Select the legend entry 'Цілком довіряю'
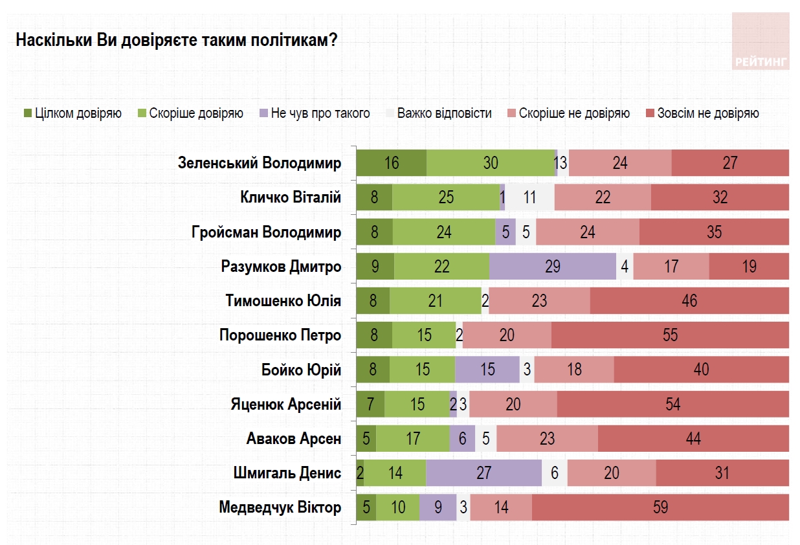pyautogui.click(x=72, y=114)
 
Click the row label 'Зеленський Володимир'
pyautogui.click(x=259, y=163)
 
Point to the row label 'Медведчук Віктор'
pyautogui.click(x=280, y=507)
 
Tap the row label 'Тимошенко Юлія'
pyautogui.click(x=283, y=301)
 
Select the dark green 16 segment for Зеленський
pyautogui.click(x=391, y=163)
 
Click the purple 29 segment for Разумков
pyautogui.click(x=553, y=267)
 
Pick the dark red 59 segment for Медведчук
pyautogui.click(x=660, y=507)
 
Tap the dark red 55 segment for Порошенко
pyautogui.click(x=670, y=335)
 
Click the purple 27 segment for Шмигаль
pyautogui.click(x=483, y=473)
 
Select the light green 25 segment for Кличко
pyautogui.click(x=446, y=197)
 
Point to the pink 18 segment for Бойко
pyautogui.click(x=573, y=370)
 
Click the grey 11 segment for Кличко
pyautogui.click(x=529, y=197)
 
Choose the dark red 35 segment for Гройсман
pyautogui.click(x=714, y=232)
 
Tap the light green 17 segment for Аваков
pyautogui.click(x=413, y=439)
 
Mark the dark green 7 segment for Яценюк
pyautogui.click(x=370, y=405)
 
